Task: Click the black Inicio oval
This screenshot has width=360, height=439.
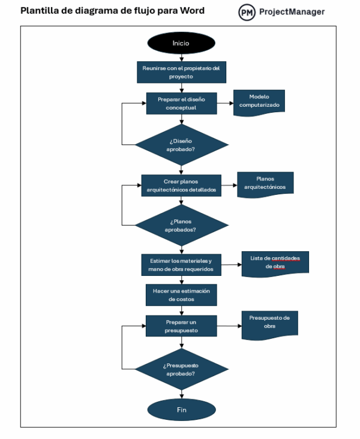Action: (181, 43)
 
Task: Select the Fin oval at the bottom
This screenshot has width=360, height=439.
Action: (181, 410)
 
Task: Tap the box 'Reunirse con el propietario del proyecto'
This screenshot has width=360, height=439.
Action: (181, 72)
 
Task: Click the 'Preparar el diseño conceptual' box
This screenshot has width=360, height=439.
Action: (181, 103)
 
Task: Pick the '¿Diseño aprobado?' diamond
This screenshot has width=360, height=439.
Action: (181, 145)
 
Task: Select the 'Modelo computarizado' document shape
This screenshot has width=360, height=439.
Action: (259, 100)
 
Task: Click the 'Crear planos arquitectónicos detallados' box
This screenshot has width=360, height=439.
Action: (181, 185)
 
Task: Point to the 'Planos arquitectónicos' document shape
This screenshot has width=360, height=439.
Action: (265, 183)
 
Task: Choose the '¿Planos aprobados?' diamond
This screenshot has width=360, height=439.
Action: (181, 225)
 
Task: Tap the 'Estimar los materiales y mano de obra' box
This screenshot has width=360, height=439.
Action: (181, 264)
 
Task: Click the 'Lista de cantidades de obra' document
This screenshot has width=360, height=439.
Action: (275, 263)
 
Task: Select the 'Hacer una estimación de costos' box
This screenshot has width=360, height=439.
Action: (181, 294)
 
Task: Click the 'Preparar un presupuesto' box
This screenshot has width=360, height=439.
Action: (181, 326)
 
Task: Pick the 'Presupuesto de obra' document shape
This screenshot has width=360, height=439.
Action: (269, 323)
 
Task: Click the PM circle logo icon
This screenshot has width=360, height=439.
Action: (247, 13)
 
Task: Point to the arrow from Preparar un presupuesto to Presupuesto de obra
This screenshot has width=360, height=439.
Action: (229, 326)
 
